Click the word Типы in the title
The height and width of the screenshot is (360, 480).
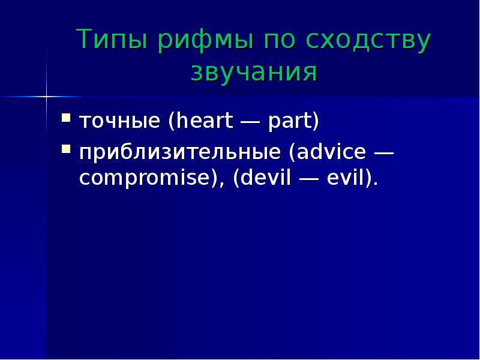click(x=112, y=39)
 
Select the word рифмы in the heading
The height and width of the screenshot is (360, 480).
click(x=205, y=41)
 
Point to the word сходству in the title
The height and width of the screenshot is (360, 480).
click(x=368, y=41)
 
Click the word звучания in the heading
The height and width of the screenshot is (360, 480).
click(x=254, y=73)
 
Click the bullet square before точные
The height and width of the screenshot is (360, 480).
click(x=66, y=118)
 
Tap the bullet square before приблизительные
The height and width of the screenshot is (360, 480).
click(x=66, y=149)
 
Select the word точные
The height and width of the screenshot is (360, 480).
click(x=119, y=121)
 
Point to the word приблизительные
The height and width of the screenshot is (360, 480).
click(x=180, y=152)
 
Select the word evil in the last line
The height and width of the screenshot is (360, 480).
click(x=346, y=177)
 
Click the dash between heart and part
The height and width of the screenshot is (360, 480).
click(x=250, y=122)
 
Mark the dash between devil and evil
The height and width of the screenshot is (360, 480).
click(x=309, y=178)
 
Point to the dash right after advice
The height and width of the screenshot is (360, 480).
click(x=383, y=152)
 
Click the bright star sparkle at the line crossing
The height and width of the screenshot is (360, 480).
click(x=47, y=97)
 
